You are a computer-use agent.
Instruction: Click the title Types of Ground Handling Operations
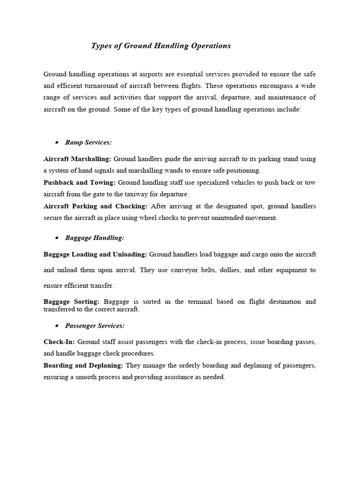pos(161,46)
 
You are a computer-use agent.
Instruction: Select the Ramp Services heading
pos(88,142)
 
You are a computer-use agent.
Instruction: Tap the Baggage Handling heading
pos(95,238)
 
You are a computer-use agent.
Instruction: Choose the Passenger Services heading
pos(95,325)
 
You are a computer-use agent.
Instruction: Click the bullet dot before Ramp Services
pos(56,142)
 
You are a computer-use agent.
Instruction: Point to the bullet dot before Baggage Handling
pos(56,238)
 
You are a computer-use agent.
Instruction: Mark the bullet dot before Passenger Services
pos(56,326)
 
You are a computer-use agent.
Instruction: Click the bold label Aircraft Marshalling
pos(77,159)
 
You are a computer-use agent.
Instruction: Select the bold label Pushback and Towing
pos(80,182)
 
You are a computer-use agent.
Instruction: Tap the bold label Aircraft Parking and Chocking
pos(96,206)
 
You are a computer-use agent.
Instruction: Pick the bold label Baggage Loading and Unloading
pos(95,254)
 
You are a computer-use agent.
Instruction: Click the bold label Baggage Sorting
pos(71,301)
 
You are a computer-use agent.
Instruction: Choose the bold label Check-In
pos(59,342)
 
